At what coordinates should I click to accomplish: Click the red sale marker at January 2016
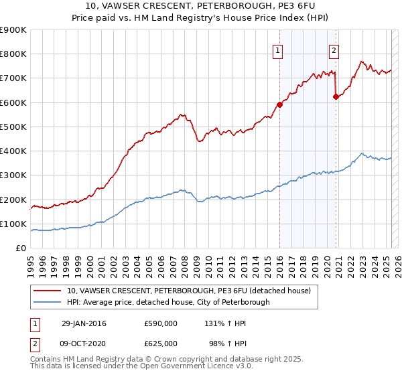[x=279, y=104]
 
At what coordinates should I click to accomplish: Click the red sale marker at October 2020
[x=336, y=96]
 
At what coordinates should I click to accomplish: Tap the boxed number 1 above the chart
[x=277, y=49]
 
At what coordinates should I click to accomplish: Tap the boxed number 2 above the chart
[x=334, y=49]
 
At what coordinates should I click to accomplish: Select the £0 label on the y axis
[x=20, y=248]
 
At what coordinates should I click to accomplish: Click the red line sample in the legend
[x=47, y=291]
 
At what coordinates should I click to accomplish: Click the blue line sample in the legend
[x=47, y=303]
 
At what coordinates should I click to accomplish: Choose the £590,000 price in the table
[x=161, y=323]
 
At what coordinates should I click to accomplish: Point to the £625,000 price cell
[x=161, y=343]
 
